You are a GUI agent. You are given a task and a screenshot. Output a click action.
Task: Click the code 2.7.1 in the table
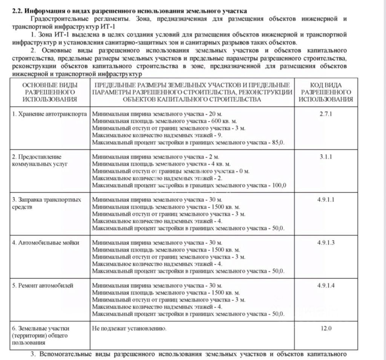325,114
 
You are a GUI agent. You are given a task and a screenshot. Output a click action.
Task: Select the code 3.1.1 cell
325,157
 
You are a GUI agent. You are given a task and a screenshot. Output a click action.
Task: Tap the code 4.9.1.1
326,199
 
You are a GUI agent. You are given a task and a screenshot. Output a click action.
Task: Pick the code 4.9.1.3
326,242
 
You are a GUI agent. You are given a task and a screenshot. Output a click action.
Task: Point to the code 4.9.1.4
326,285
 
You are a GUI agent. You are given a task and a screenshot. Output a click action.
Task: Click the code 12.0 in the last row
326,328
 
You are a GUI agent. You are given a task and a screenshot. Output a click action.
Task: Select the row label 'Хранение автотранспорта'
49,114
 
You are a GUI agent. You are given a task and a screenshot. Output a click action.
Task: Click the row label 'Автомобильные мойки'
46,242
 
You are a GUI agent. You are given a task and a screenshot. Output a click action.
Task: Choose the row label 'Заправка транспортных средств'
47,203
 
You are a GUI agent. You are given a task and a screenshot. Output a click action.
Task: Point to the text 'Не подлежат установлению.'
129,328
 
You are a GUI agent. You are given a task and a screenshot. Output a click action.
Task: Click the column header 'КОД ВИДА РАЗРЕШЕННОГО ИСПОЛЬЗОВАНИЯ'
326,92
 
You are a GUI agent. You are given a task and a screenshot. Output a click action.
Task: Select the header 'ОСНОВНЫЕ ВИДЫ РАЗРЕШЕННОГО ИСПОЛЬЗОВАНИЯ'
50,92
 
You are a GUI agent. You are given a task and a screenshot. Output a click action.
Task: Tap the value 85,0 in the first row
278,142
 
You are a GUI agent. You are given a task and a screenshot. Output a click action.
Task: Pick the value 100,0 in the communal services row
279,185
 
